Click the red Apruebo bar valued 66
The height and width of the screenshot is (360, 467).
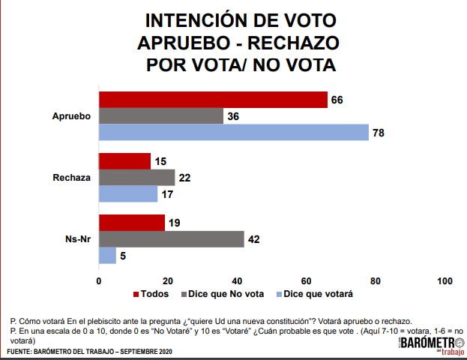(x=213, y=100)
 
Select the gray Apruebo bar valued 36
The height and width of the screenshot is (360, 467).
(x=161, y=116)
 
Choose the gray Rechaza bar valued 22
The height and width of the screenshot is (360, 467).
(x=136, y=178)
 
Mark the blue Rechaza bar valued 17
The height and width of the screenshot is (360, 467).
(x=128, y=193)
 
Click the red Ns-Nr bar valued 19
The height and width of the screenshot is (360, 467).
(x=132, y=223)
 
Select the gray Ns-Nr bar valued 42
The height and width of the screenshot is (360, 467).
(x=172, y=239)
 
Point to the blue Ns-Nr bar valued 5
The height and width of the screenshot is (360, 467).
(x=107, y=256)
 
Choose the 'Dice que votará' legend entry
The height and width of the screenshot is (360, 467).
(x=314, y=293)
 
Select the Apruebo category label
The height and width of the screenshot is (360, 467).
(x=71, y=116)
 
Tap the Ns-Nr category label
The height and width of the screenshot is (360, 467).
(x=77, y=239)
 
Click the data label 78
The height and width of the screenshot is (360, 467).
(x=380, y=133)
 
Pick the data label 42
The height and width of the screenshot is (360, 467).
(x=256, y=239)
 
